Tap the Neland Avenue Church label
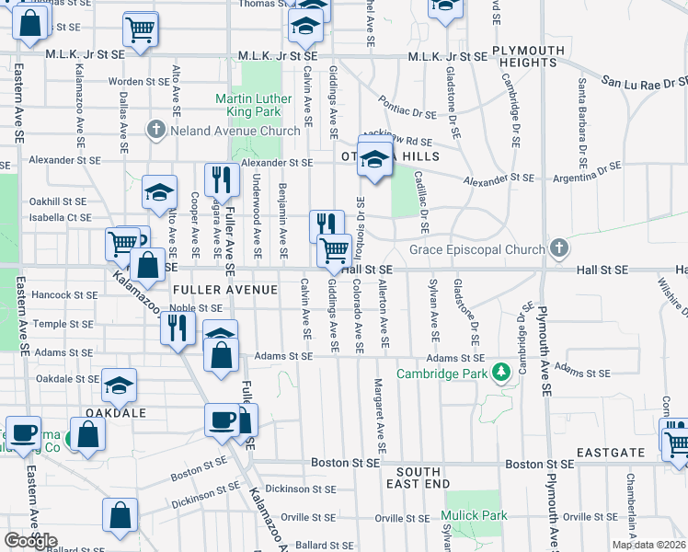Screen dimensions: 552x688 pyautogui.click(x=235, y=131)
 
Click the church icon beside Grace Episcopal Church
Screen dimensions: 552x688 pyautogui.click(x=558, y=247)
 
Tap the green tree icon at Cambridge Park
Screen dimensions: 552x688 pyautogui.click(x=501, y=373)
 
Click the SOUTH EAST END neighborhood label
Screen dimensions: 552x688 pyautogui.click(x=419, y=477)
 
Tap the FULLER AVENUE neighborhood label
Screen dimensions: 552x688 pyautogui.click(x=224, y=290)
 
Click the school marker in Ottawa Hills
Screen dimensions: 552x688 pyautogui.click(x=374, y=157)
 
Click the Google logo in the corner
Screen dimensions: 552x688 pyautogui.click(x=30, y=541)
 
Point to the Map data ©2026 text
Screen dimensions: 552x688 pyautogui.click(x=648, y=545)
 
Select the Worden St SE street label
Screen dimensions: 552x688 pyautogui.click(x=138, y=82)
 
